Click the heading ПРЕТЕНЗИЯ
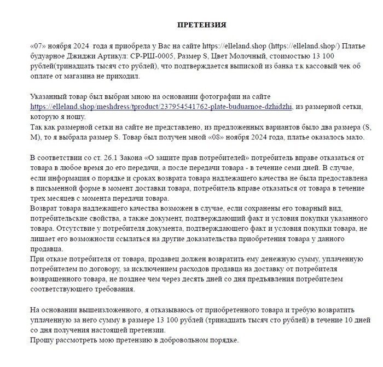[202, 25]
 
